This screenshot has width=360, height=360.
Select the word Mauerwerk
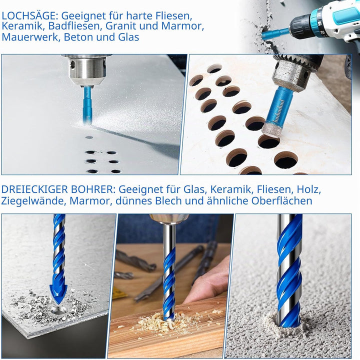click(30, 37)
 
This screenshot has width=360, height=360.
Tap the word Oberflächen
click(281, 200)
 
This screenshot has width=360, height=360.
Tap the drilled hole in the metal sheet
click(58, 310)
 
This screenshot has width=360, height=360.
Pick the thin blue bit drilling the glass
click(87, 105)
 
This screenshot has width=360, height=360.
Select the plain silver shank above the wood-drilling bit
click(169, 236)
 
